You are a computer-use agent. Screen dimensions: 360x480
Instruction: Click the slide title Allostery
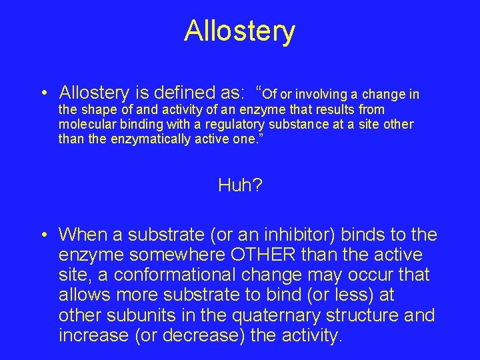tap(239, 31)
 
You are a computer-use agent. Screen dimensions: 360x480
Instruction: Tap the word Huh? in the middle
tap(240, 185)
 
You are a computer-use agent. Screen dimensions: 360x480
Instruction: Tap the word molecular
tap(83, 125)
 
